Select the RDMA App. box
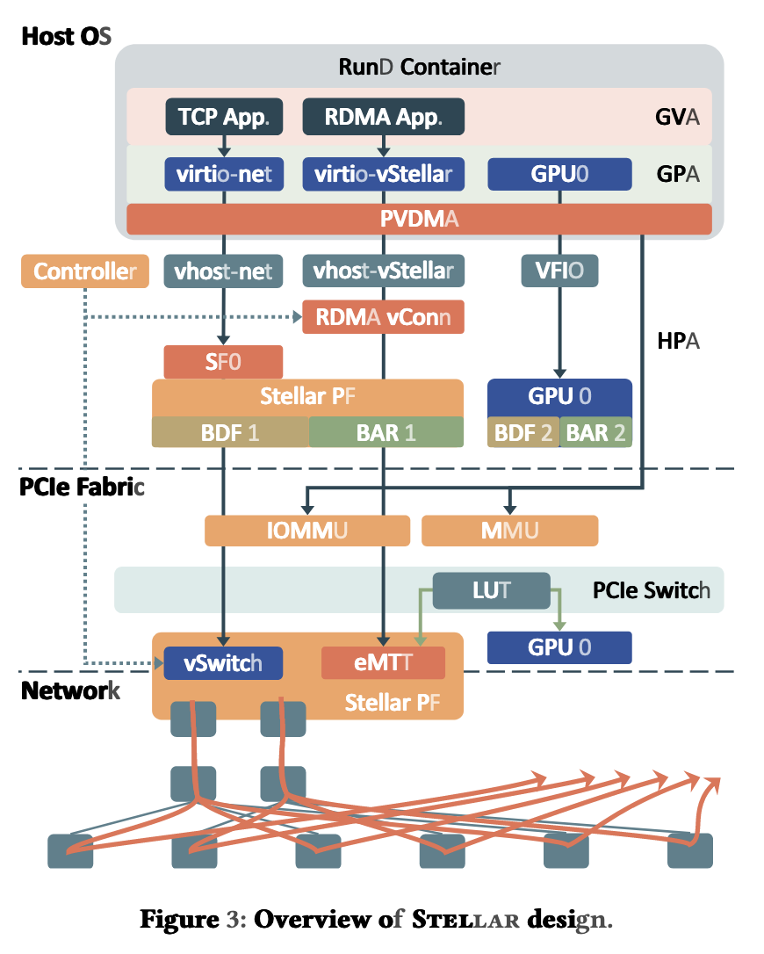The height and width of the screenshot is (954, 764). (x=383, y=117)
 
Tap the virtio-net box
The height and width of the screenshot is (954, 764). (x=224, y=174)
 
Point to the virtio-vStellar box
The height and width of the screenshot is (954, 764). (x=383, y=174)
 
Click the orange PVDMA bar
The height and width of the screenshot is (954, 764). (x=419, y=219)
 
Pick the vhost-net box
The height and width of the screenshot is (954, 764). (x=224, y=271)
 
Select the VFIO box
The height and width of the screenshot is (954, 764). (x=559, y=271)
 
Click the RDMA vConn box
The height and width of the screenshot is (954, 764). (x=383, y=317)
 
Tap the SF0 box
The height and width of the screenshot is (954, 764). (x=223, y=362)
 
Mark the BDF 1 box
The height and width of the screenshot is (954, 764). (x=230, y=432)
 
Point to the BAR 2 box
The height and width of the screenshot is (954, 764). (x=595, y=432)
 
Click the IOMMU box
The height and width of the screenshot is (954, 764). (x=306, y=531)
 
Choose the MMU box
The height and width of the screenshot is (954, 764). (x=509, y=531)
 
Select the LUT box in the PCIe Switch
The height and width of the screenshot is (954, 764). (x=491, y=590)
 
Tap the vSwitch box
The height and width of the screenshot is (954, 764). (x=223, y=663)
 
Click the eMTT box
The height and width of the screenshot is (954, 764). (x=383, y=663)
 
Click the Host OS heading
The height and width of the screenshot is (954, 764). (x=66, y=37)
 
